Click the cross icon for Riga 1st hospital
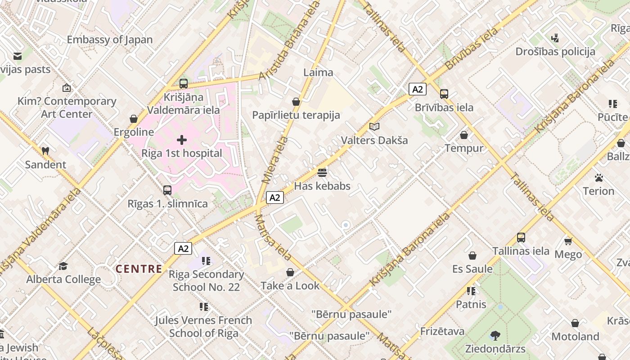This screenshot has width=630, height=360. click(x=182, y=140)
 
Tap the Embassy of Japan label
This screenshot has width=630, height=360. click(x=110, y=40)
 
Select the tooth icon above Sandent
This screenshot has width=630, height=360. click(x=45, y=151)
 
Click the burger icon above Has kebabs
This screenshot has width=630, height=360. click(x=322, y=173)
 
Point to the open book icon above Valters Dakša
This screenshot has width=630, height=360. click(x=374, y=127)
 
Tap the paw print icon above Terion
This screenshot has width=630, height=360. click(x=598, y=178)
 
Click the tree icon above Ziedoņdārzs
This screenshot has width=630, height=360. click(x=495, y=335)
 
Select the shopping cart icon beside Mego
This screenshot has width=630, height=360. click(x=568, y=242)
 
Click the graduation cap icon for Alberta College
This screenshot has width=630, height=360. click(x=63, y=266)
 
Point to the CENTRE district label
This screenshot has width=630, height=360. click(x=139, y=269)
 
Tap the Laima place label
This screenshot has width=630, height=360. click(x=318, y=72)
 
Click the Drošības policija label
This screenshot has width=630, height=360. click(x=555, y=52)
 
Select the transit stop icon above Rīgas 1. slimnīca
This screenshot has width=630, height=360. click(x=167, y=190)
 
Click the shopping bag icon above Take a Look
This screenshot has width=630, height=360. click(x=290, y=273)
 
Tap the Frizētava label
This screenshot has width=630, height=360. click(x=442, y=332)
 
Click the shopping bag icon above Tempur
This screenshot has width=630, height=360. click(x=464, y=135)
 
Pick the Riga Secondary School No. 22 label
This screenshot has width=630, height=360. click(x=207, y=280)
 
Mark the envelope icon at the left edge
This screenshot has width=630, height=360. click(x=18, y=56)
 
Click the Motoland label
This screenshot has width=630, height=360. click(x=575, y=337)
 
